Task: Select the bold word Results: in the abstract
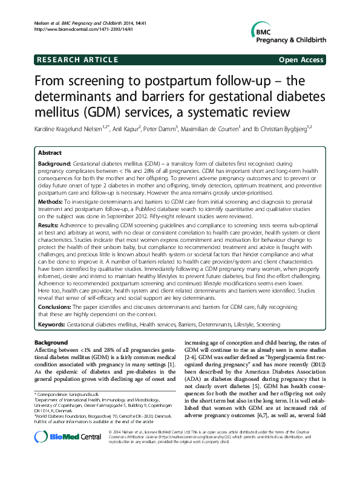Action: pyautogui.click(x=51, y=224)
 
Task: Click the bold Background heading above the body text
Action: pyautogui.click(x=53, y=343)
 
